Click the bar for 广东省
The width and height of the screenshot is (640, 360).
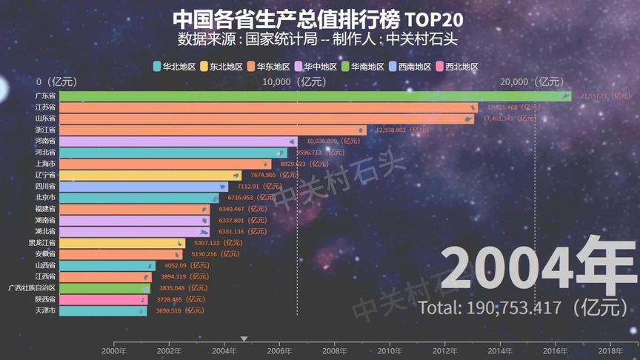coord(311,96)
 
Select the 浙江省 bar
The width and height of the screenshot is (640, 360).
coord(211,130)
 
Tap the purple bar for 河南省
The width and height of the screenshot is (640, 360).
coord(178,141)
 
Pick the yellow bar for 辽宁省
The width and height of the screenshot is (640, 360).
coord(148,175)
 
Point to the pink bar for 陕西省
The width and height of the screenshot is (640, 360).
coord(103,299)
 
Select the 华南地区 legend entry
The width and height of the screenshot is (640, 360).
coord(363,67)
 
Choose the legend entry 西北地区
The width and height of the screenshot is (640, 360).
coord(457,67)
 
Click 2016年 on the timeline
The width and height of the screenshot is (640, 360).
coord(556,351)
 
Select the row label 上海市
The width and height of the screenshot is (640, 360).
coord(45,164)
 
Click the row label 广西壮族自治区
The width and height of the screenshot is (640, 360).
coord(31,288)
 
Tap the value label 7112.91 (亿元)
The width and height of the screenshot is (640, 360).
coord(264,187)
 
